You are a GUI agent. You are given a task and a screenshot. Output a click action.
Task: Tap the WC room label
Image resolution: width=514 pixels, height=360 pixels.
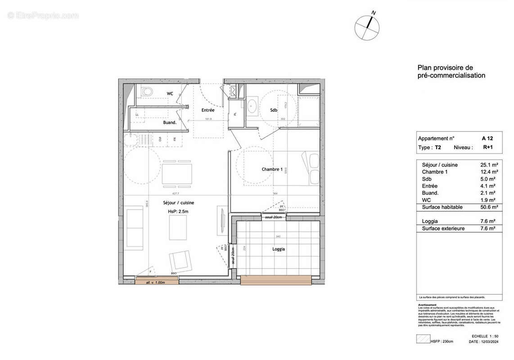[170, 94]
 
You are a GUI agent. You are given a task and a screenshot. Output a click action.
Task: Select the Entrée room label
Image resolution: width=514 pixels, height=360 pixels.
[207, 110]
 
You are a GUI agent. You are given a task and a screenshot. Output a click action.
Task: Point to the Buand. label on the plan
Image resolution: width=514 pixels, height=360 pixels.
[169, 122]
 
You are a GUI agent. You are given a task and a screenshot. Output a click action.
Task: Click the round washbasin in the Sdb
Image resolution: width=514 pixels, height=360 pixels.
[252, 106]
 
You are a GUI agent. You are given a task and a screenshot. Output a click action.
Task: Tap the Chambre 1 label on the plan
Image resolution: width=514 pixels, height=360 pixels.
[272, 169]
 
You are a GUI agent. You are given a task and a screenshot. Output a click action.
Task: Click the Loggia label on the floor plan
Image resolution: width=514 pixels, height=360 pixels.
[278, 249]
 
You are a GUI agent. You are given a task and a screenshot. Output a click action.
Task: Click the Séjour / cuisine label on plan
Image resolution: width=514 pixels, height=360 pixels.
[179, 203]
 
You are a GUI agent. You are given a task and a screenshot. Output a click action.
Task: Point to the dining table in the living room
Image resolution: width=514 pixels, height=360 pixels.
[177, 174]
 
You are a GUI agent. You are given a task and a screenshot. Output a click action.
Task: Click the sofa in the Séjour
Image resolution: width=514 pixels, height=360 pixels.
[135, 229]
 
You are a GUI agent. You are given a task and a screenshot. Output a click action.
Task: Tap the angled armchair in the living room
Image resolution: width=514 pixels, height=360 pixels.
[180, 261]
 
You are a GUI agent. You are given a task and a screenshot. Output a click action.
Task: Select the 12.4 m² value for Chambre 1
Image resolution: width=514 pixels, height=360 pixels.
[488, 172]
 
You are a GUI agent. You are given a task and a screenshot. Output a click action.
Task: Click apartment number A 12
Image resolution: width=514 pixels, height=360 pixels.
[487, 139]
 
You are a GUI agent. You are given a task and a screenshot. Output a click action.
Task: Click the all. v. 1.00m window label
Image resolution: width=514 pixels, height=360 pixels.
[156, 283]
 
